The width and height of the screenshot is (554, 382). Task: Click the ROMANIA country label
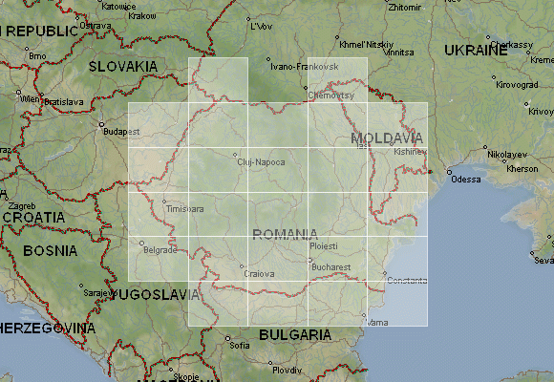(285, 234)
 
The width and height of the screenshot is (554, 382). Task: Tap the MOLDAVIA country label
(386, 138)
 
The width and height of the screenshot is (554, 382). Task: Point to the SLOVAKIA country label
(123, 66)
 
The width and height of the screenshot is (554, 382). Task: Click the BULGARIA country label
(294, 335)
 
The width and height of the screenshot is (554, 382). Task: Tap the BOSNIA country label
(51, 251)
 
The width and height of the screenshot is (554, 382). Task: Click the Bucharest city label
(331, 267)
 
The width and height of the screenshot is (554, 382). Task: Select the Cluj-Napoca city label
(261, 162)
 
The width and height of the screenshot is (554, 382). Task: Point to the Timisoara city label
(184, 208)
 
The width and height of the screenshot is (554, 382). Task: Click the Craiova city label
(259, 274)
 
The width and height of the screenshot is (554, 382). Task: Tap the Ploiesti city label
(324, 246)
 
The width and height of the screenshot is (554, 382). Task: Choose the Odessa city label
(465, 180)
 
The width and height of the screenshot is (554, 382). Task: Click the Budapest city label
(121, 131)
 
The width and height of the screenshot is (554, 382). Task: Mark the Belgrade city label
(160, 250)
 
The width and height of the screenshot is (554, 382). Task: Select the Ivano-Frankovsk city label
(305, 67)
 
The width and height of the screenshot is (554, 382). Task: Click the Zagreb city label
(21, 205)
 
